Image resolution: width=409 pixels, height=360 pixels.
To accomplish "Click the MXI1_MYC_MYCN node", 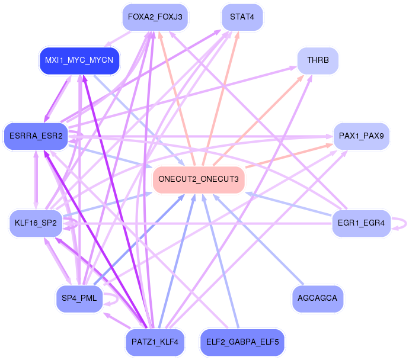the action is [x=79, y=60].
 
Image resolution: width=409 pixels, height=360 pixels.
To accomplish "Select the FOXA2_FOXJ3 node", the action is [x=155, y=17].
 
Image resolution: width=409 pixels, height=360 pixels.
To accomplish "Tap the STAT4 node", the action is [x=242, y=17].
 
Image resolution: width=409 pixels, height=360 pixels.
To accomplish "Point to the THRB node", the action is [x=318, y=60].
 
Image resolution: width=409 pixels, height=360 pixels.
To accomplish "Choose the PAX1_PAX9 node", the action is [x=362, y=136].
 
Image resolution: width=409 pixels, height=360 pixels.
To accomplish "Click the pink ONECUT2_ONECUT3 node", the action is [x=199, y=179].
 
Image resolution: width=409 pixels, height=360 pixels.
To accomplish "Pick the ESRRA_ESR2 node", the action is [x=36, y=136].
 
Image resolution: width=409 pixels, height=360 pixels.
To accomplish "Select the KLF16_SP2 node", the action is [x=36, y=223].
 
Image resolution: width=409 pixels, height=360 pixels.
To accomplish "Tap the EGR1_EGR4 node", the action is [x=361, y=223].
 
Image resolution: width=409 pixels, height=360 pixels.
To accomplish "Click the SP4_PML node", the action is [x=79, y=298].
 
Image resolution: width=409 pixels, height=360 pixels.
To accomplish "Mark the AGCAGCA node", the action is [x=318, y=298].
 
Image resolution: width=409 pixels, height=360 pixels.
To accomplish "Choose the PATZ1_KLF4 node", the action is [x=155, y=342].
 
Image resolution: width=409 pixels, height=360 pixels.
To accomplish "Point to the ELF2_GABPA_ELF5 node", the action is [x=242, y=342].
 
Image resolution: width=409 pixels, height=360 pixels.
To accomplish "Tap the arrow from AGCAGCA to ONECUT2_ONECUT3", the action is [x=258, y=239].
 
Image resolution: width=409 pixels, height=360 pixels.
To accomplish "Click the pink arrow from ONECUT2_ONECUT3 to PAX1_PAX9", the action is [x=289, y=156].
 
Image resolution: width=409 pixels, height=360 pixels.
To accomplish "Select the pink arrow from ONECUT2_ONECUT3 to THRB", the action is [x=258, y=120].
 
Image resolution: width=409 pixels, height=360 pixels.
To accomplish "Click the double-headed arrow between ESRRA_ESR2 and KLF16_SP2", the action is [x=36, y=180].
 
